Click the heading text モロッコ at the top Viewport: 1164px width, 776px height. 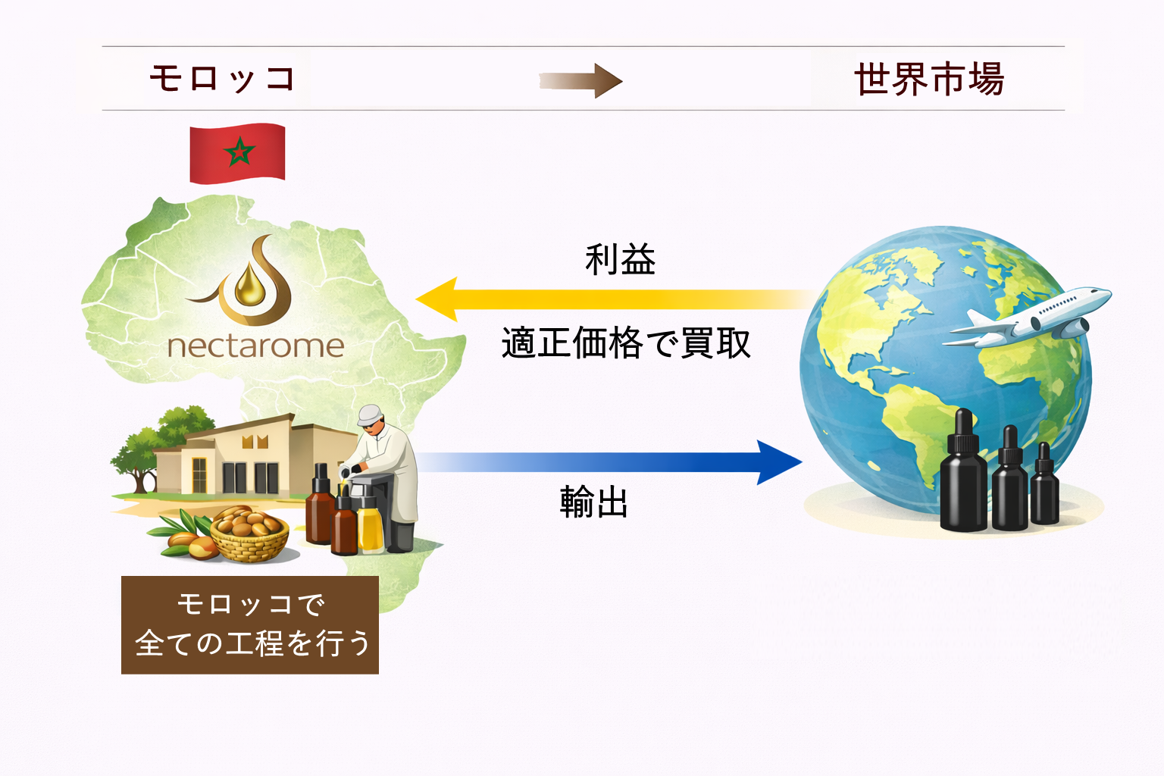(x=222, y=79)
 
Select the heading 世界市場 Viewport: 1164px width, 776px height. (x=929, y=79)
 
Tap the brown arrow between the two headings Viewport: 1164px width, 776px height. (x=580, y=81)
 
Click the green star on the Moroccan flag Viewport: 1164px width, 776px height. (x=239, y=152)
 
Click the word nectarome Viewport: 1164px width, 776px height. (x=255, y=346)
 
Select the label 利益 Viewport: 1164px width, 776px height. (x=620, y=260)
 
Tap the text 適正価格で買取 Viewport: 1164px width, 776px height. (x=626, y=343)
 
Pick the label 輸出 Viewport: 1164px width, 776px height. (x=594, y=502)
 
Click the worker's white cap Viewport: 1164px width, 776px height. (x=369, y=414)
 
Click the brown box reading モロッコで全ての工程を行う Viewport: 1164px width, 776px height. (x=250, y=625)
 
